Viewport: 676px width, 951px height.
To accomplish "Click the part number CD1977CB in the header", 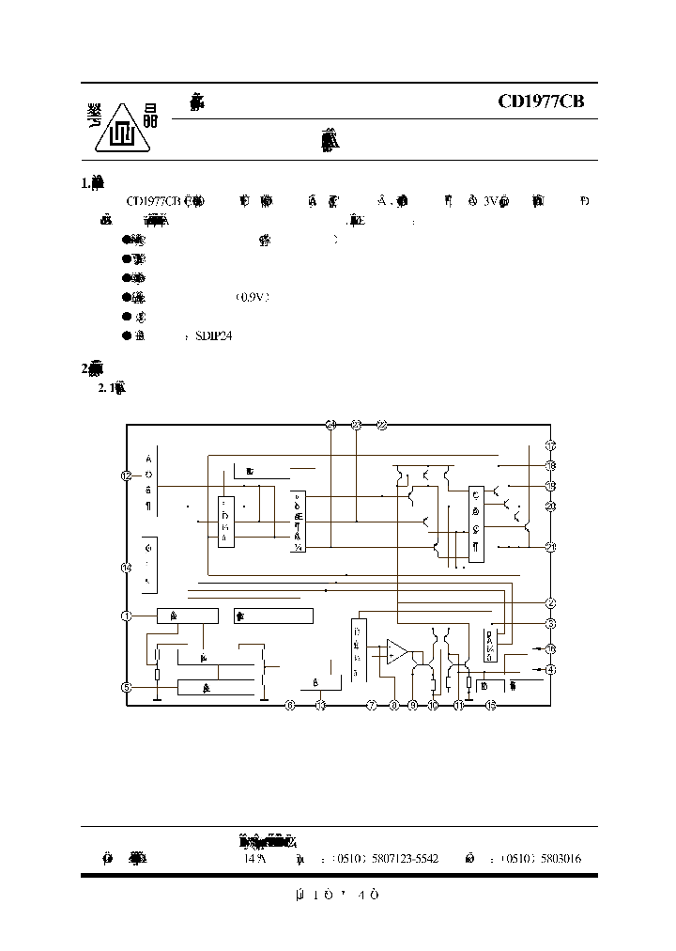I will pos(541,101).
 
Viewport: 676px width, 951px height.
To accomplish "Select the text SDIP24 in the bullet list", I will pos(213,335).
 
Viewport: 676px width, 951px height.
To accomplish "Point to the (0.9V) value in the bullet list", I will pos(253,297).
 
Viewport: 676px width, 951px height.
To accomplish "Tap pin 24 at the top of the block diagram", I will pos(330,425).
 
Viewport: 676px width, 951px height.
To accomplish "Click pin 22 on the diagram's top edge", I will pos(381,425).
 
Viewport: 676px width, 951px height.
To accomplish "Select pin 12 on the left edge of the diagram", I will pos(127,475).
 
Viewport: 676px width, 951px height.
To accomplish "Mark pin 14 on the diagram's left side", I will pos(127,567).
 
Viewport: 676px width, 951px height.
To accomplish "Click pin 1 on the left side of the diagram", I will pos(127,616).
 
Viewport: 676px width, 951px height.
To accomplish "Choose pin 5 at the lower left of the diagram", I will pos(127,687).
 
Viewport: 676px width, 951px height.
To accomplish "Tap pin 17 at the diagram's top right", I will pos(551,444).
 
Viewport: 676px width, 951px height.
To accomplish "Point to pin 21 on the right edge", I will pos(551,547).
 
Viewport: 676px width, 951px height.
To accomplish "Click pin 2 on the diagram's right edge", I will pos(551,602).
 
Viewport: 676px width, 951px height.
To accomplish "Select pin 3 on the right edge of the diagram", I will pos(551,623).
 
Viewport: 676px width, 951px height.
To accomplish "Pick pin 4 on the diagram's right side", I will pos(551,669).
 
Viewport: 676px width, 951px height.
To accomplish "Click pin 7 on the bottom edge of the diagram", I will pos(371,705).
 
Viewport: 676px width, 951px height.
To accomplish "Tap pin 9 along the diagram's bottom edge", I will pos(412,705).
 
